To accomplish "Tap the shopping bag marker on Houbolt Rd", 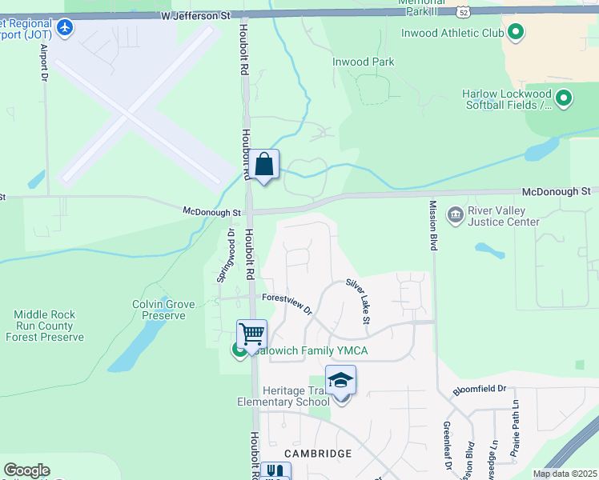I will (x=263, y=166).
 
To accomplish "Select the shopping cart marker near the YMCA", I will (x=251, y=334).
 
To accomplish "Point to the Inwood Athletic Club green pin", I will (x=517, y=33).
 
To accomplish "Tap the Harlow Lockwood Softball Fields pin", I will (x=564, y=99).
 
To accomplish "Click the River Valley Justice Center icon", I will (x=456, y=214).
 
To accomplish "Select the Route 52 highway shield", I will (x=464, y=11).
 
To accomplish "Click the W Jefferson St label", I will (x=195, y=15).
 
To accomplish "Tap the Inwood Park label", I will (x=364, y=62).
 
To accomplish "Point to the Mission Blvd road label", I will (x=432, y=226).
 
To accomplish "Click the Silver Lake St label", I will (x=358, y=300).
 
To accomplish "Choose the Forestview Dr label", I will (x=287, y=303).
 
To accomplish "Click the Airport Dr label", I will (x=45, y=62).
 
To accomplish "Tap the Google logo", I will (x=26, y=470).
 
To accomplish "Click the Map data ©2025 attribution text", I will (x=565, y=474).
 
